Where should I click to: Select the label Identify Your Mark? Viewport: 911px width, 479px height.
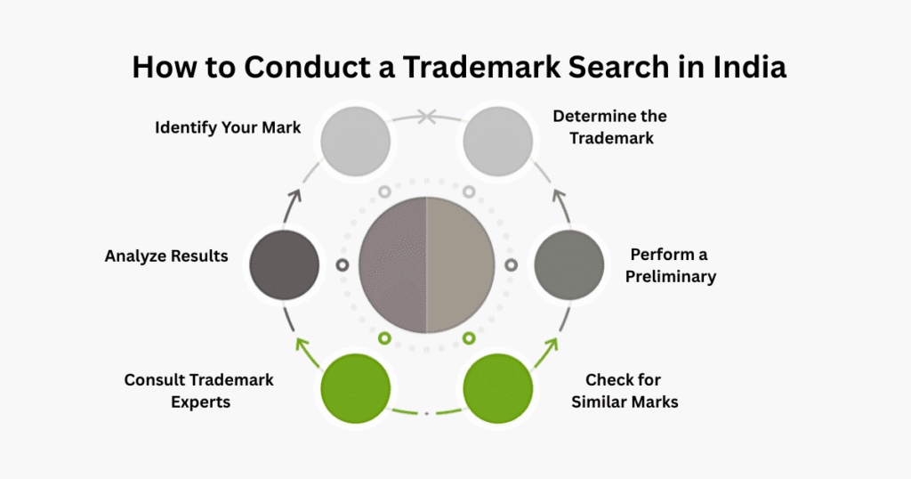228,127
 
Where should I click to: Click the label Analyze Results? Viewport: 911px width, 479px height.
166,256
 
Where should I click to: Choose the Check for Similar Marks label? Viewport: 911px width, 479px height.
632,391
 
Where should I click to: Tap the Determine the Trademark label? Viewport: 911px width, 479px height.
609,127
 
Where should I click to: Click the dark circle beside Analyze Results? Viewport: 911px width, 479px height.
285,264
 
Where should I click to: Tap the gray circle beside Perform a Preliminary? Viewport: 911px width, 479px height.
568,264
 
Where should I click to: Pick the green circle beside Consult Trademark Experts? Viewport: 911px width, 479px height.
355,388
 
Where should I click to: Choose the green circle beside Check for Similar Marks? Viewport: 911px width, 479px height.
496,388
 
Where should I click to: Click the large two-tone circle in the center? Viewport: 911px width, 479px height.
426,264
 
